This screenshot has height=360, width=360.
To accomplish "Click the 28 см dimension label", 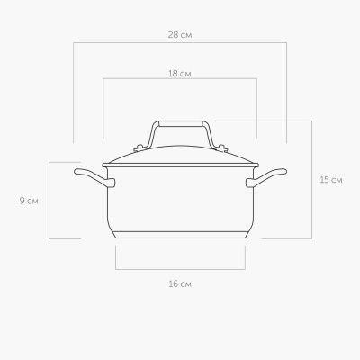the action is tap(180, 35).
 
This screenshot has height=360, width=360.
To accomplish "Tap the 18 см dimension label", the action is tap(180, 74).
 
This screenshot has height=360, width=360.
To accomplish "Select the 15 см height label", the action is tap(331, 180).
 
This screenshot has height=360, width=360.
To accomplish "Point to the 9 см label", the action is tap(29, 201).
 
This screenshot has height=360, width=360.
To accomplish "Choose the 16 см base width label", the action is tap(180, 283).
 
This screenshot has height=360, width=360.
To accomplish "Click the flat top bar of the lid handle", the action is tap(181, 123).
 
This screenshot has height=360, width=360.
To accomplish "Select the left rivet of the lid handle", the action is tap(139, 148).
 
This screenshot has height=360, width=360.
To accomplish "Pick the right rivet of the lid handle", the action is tap(222, 148).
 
